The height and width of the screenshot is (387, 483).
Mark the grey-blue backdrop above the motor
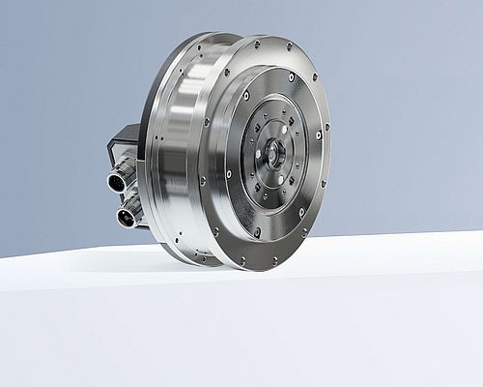point(241,19)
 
